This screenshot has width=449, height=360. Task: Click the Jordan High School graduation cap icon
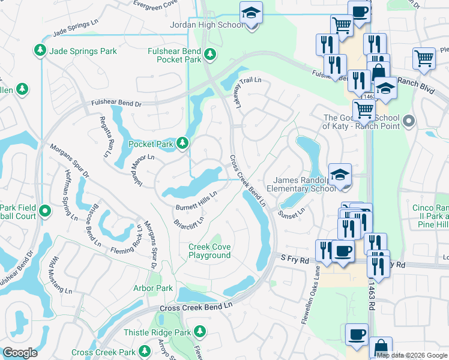(x=250, y=13)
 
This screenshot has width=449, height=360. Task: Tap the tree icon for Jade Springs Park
(x=41, y=49)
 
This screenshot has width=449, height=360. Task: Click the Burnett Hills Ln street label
(x=196, y=200)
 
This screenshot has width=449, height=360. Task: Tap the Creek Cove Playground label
(x=209, y=251)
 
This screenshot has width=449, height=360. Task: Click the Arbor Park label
(x=152, y=289)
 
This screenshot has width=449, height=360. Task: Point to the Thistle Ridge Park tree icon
(x=200, y=331)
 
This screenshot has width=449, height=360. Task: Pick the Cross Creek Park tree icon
(x=144, y=350)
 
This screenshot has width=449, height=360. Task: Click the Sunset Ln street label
(x=292, y=211)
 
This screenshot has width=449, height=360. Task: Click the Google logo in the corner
(x=20, y=353)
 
